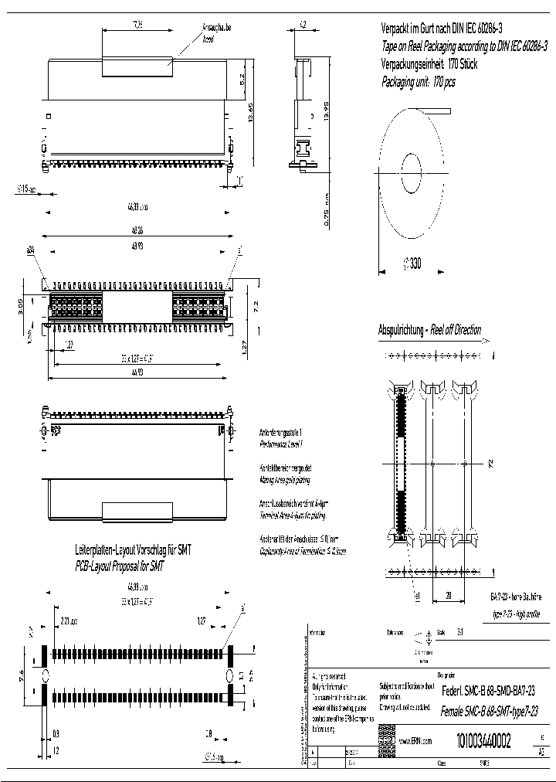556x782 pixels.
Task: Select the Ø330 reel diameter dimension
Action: coord(412,263)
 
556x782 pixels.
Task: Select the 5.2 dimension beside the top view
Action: coord(242,79)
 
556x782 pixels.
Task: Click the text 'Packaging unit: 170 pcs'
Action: coord(419,82)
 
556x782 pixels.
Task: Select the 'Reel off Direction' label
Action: coord(456,330)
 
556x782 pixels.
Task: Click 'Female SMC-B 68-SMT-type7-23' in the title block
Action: coord(488,711)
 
